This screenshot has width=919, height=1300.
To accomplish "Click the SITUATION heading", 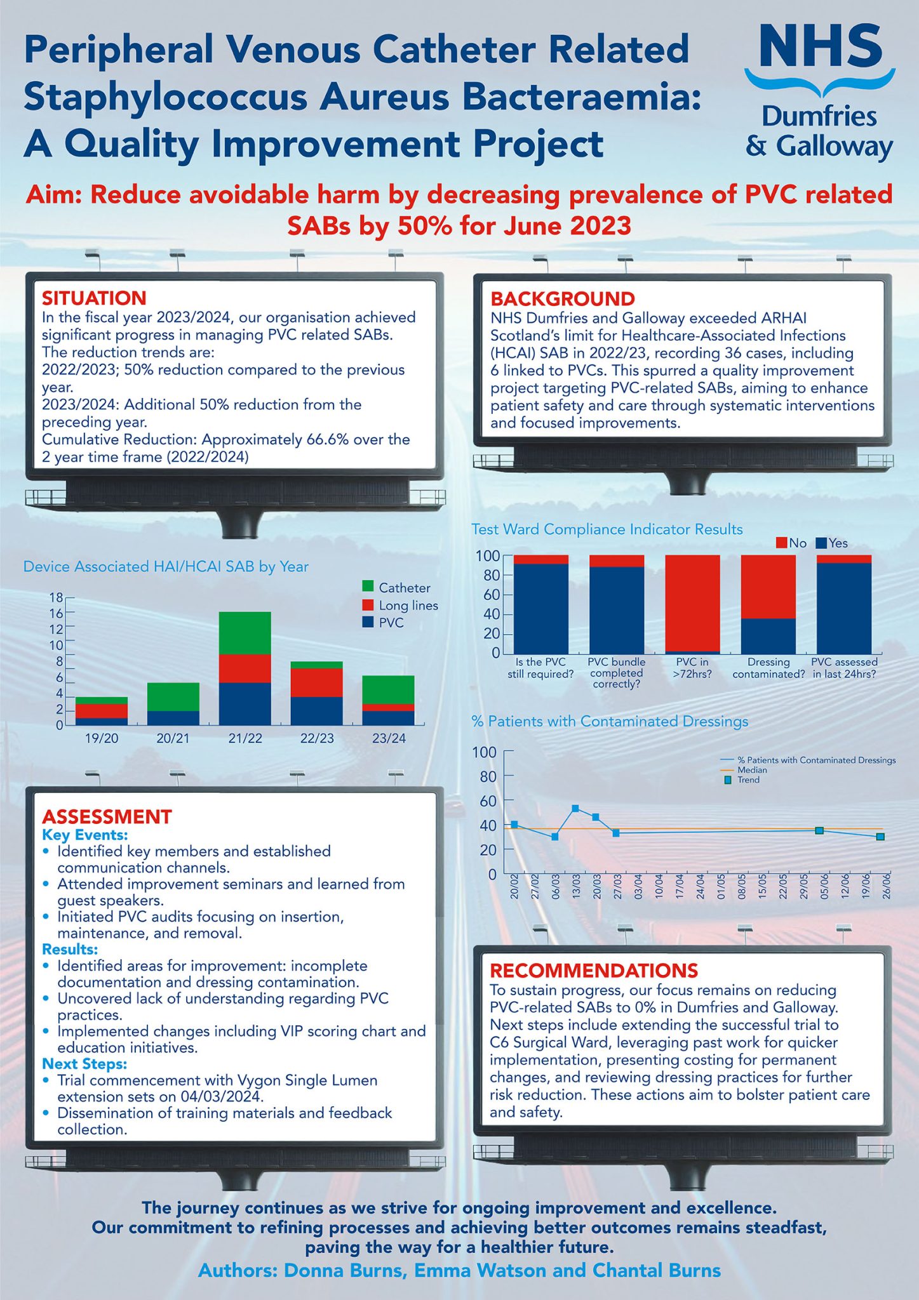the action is (x=94, y=298).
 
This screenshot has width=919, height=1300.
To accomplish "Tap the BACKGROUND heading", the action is (x=563, y=299).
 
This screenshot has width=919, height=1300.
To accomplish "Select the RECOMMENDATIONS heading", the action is (x=594, y=971).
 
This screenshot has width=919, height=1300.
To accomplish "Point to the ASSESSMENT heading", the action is (x=107, y=816).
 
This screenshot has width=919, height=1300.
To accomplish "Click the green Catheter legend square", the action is (x=368, y=587).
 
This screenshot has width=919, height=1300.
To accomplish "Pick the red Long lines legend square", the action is (x=368, y=605).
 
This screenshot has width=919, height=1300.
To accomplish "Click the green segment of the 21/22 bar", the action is (x=245, y=633).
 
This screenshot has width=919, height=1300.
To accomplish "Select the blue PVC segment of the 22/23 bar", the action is (x=317, y=711).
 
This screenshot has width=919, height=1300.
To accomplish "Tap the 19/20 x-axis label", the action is (x=102, y=738).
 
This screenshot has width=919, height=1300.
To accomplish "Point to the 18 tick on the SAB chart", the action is (x=56, y=597).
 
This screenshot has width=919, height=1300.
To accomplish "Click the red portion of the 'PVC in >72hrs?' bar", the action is (x=692, y=603).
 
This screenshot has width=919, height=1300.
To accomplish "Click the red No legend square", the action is (x=781, y=543).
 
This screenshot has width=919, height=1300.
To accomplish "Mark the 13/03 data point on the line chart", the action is (x=575, y=808).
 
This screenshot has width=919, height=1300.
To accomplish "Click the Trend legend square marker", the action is (x=728, y=780).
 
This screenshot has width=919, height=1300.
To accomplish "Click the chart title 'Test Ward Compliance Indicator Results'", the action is (x=607, y=529).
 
